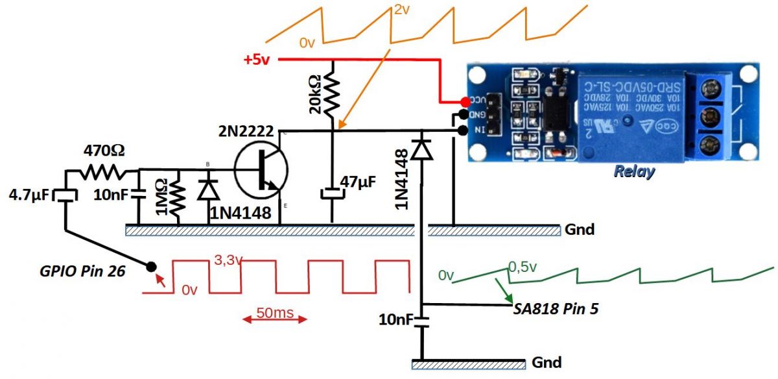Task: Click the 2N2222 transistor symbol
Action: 262,170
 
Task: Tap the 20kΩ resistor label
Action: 314,95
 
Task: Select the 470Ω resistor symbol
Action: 104,171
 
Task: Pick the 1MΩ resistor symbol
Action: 177,198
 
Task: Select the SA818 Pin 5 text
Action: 555,309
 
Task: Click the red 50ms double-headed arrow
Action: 273,319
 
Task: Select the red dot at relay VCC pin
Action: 466,102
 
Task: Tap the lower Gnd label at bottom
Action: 546,361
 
